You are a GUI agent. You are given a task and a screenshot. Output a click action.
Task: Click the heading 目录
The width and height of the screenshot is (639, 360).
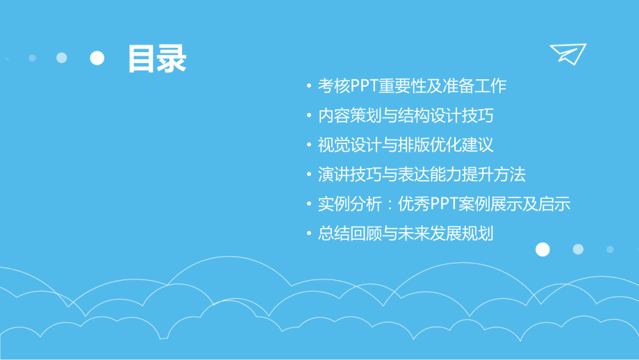pyautogui.click(x=156, y=59)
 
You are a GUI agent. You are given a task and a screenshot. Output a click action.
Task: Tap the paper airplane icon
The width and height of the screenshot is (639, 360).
pyautogui.click(x=568, y=54)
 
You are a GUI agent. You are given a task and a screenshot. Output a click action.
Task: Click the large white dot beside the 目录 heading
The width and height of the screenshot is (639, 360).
pyautogui.click(x=97, y=58)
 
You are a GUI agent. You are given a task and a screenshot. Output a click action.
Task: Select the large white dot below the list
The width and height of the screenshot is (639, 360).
pyautogui.click(x=542, y=249)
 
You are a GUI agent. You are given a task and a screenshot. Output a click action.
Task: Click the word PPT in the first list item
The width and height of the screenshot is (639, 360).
pyautogui.click(x=364, y=86)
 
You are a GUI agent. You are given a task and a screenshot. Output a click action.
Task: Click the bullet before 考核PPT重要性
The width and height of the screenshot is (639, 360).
pyautogui.click(x=309, y=87)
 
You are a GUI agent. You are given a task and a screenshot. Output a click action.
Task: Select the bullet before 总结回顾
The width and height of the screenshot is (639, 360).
pyautogui.click(x=309, y=234)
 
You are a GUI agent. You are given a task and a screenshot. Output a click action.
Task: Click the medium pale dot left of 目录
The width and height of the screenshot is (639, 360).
pyautogui.click(x=62, y=58)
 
